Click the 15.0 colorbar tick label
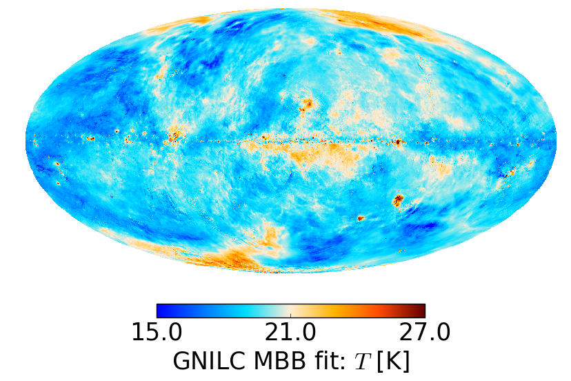[157, 333]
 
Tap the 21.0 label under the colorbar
[291, 333]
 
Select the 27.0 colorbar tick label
[424, 333]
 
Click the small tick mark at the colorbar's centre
[291, 315]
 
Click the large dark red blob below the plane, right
[398, 201]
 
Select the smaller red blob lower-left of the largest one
[361, 218]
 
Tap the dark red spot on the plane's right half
[398, 143]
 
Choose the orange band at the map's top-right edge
[386, 24]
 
